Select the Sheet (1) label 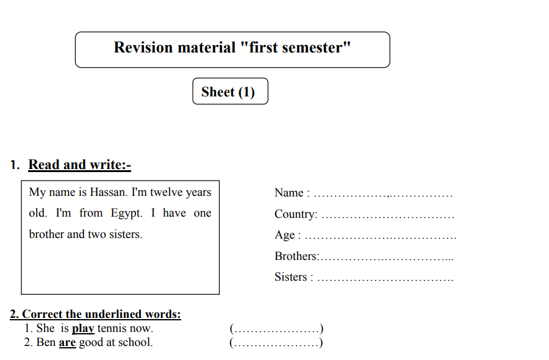point(228,92)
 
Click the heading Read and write point(80,165)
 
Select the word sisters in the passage point(126,234)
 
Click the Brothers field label point(297,256)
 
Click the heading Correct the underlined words point(95,314)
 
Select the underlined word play point(83,328)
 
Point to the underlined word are point(67,342)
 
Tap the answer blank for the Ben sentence point(276,342)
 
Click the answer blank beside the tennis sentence point(276,328)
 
